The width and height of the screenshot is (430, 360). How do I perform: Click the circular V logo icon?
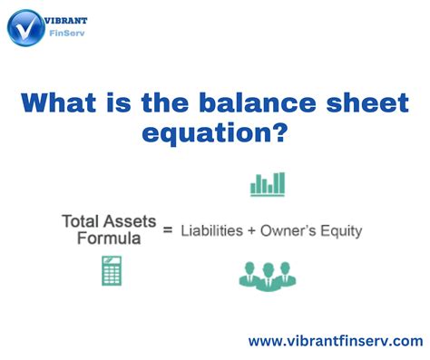[x=27, y=27]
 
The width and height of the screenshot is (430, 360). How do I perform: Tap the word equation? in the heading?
[x=215, y=134]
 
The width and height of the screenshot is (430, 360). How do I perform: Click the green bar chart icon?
[x=268, y=184]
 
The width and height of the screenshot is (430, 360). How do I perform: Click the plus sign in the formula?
[x=252, y=230]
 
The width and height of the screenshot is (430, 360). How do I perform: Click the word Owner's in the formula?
[x=292, y=230]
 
